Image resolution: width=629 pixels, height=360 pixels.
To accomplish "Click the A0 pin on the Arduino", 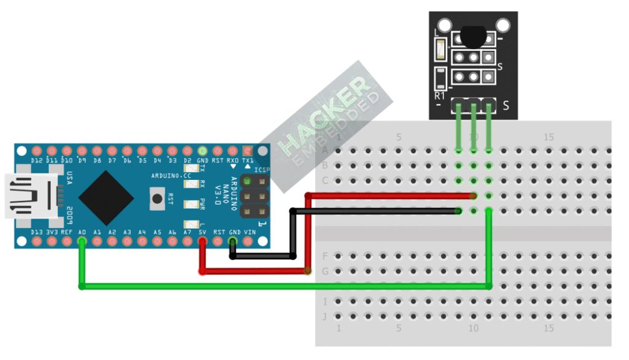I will point(82,241).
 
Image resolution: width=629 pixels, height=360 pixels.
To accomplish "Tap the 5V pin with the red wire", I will point(203,241).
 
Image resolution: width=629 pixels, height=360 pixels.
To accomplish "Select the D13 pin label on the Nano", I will point(37,232).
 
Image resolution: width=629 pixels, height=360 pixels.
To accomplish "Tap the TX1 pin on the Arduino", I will point(248,151).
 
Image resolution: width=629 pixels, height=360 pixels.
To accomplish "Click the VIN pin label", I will point(249,232).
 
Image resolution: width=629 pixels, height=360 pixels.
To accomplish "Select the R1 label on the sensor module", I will point(440,96).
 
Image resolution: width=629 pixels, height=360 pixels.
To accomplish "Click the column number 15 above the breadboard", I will point(549,137).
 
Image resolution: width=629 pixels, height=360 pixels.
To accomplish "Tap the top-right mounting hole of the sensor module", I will point(504,25).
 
